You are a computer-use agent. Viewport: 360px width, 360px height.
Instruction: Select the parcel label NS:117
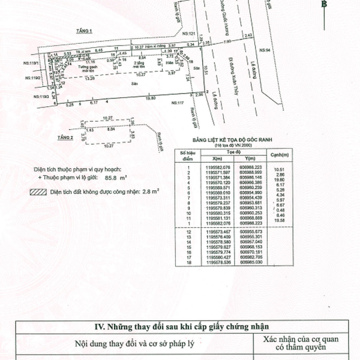click(x=178, y=103)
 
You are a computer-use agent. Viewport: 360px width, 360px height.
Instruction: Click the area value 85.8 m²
click(x=113, y=178)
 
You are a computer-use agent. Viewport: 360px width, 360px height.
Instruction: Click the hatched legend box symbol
click(x=37, y=193)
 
